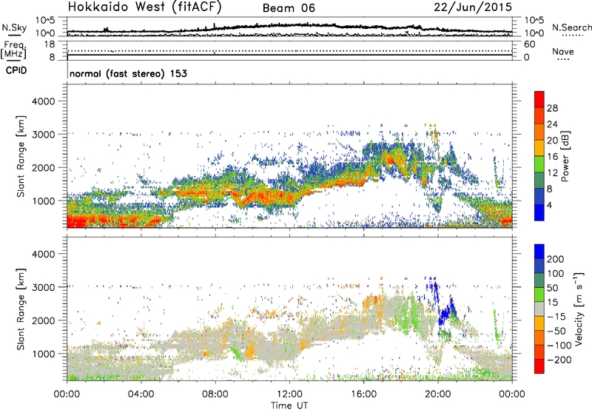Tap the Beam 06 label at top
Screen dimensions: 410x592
[x=290, y=8]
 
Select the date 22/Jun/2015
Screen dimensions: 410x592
[x=478, y=7]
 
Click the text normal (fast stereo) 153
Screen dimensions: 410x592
[x=127, y=74]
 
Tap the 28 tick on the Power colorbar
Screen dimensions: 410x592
[x=554, y=107]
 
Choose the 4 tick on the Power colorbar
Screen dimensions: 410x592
[x=551, y=205]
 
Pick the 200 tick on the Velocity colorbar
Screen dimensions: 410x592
[x=556, y=260]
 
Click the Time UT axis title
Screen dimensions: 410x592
[x=289, y=405]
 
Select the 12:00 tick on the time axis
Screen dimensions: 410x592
[x=289, y=393]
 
